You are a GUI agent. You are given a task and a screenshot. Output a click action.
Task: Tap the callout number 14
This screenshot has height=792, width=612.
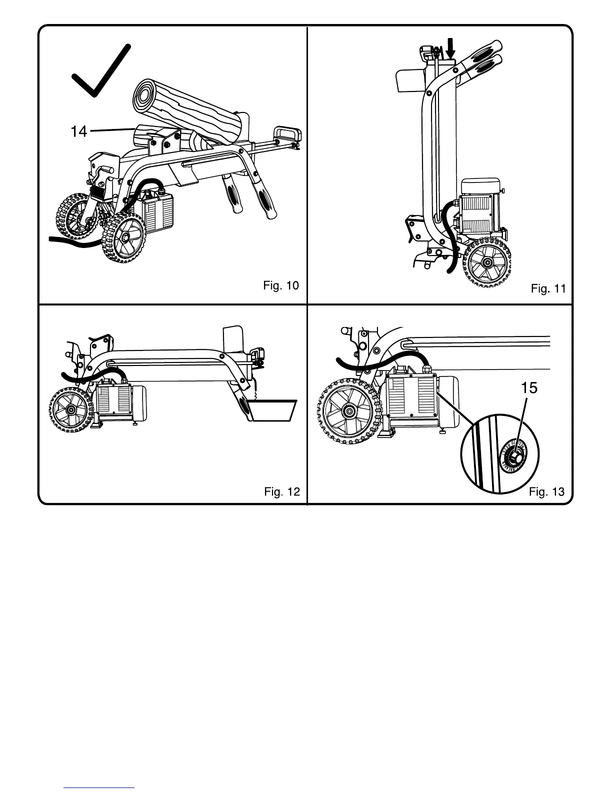pos(79,131)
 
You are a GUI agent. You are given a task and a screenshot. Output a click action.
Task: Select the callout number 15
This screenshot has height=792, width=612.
pos(529,387)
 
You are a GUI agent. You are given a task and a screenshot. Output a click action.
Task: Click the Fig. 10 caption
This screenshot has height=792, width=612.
pos(281,285)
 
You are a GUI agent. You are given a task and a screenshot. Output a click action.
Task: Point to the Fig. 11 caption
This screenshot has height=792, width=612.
pos(548,288)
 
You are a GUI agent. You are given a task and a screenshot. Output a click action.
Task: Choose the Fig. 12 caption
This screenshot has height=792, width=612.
pos(282,491)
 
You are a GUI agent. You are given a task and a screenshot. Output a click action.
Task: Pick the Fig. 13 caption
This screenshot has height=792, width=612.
pos(547,492)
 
